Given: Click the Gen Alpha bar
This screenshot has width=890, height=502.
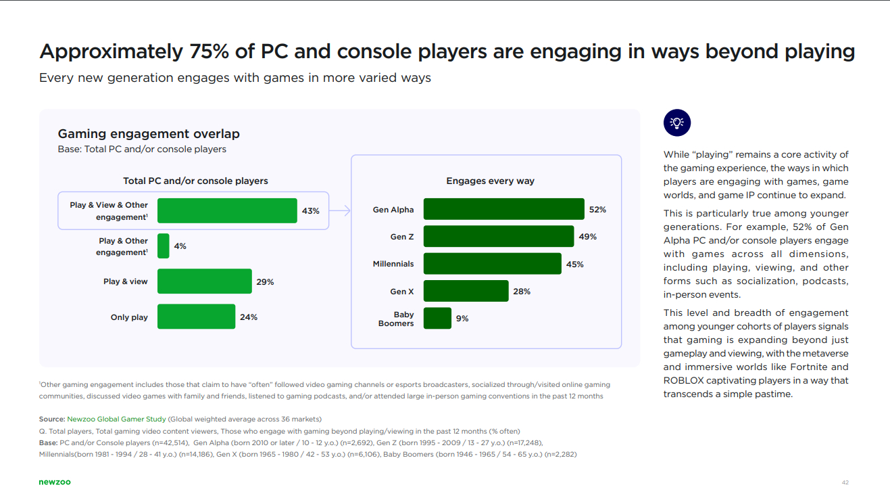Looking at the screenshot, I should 503,209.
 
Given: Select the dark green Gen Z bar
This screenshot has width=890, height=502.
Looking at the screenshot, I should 498,236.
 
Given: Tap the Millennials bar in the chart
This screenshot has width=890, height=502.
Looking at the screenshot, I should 492,263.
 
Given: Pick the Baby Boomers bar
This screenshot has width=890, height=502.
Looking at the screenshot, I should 437,318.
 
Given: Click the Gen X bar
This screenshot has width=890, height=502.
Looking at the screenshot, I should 466,291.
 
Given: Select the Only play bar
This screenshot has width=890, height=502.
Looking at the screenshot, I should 196,317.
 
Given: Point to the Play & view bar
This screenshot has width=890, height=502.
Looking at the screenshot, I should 204,281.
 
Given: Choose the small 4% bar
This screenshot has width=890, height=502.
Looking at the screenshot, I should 163,246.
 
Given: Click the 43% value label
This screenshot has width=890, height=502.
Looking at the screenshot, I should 310,210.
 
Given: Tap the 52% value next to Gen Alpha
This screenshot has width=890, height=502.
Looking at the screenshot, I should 597,210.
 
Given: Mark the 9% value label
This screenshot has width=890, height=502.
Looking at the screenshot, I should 462,318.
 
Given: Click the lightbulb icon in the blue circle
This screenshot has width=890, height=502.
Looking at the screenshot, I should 676,122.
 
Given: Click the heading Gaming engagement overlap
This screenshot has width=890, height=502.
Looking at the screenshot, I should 149,134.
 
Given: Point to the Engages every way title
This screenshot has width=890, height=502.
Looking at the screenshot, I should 490,181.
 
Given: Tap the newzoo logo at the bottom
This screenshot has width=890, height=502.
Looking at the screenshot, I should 54,482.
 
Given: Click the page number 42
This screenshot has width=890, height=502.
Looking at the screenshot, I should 845,482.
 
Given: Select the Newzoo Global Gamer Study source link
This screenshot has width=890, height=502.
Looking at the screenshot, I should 116,419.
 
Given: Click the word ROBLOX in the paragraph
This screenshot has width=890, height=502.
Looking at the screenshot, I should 684,380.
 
